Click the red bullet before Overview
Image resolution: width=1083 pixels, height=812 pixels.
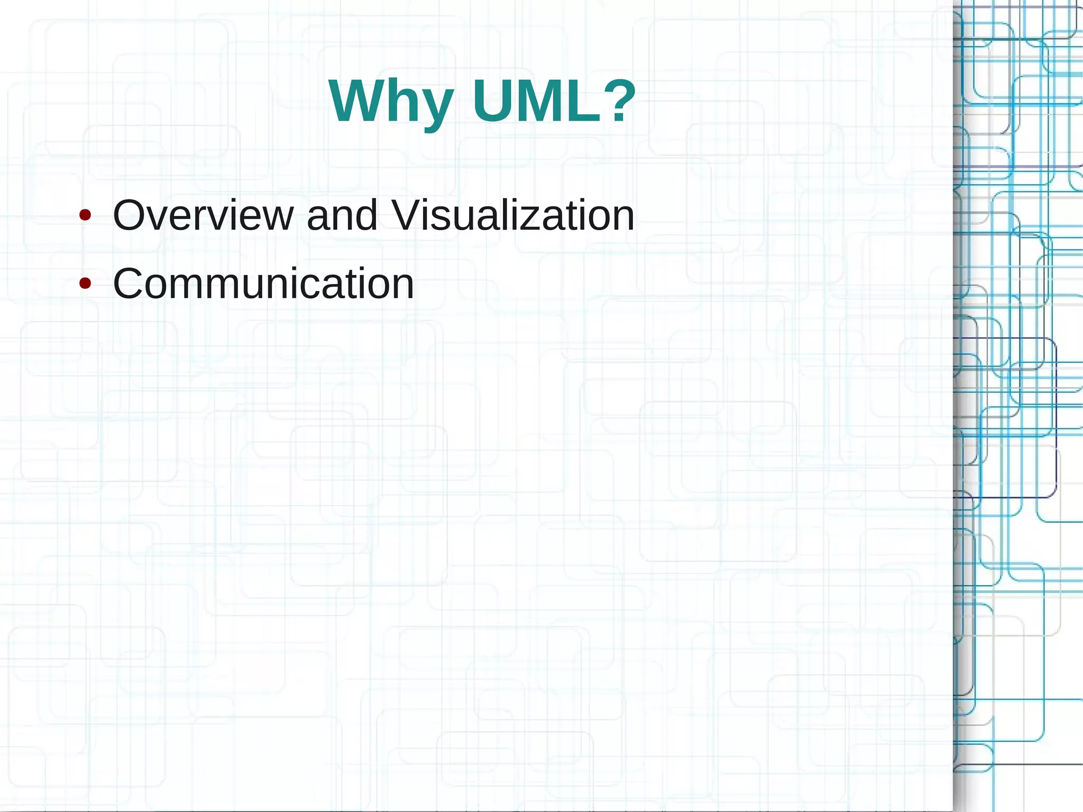click(85, 215)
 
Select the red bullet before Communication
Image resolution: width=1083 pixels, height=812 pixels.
click(85, 284)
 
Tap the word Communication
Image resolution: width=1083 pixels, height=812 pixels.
click(263, 284)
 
